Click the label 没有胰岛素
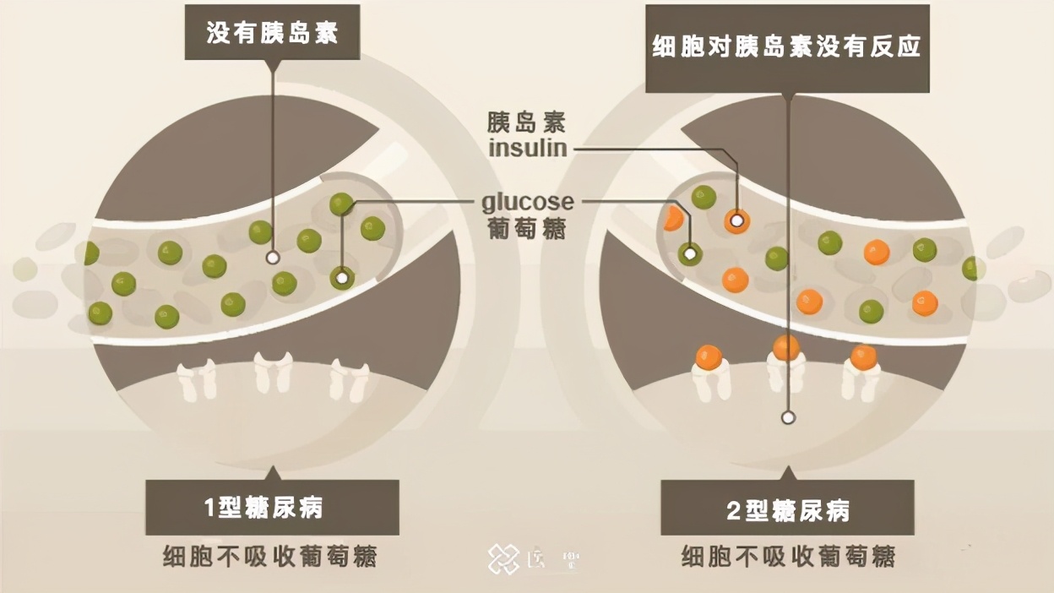click(x=272, y=33)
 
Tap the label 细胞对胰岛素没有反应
click(x=786, y=47)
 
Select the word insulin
click(x=528, y=149)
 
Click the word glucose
click(x=527, y=203)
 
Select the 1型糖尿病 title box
click(x=272, y=507)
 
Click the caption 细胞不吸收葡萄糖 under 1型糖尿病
click(x=270, y=557)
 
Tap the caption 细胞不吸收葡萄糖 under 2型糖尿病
click(x=788, y=557)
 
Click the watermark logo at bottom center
click(x=504, y=558)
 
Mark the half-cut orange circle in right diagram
click(x=674, y=218)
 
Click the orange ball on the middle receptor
click(x=786, y=347)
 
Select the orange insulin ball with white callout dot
click(x=736, y=220)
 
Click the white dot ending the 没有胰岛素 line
click(x=272, y=257)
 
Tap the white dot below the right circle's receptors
click(x=788, y=416)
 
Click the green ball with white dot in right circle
click(x=690, y=253)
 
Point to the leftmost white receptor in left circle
click(x=198, y=378)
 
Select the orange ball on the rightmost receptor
click(x=863, y=357)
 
